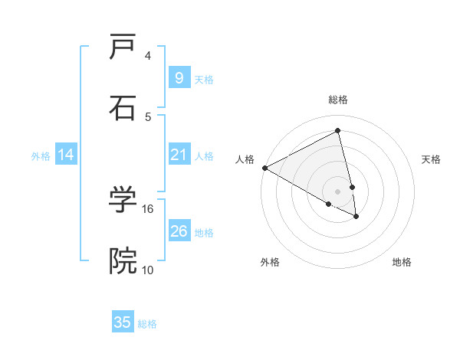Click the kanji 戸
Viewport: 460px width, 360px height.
tap(123, 48)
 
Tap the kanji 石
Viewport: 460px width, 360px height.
tap(123, 108)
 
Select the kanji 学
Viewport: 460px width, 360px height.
tap(123, 201)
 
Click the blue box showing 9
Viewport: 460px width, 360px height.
tap(179, 78)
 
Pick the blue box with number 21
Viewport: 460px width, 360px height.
tap(179, 155)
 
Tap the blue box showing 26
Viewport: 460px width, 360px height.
tap(179, 231)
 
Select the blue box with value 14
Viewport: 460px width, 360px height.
tap(66, 155)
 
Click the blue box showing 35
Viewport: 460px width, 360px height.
tap(123, 322)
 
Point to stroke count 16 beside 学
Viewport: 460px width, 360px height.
tap(148, 208)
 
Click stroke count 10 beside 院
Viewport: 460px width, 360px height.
tap(148, 270)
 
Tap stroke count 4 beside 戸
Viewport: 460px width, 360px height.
tap(148, 56)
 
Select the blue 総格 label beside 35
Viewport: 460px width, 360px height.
tap(147, 324)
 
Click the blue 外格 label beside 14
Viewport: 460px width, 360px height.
tap(41, 156)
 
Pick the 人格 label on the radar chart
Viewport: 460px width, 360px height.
tap(245, 159)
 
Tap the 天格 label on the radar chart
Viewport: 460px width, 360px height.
tap(431, 159)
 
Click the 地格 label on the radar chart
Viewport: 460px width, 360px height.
tap(402, 262)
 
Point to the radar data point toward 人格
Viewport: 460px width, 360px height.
tap(264, 168)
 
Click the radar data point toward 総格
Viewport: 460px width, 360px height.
tap(338, 131)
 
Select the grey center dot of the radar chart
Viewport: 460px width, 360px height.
tap(338, 191)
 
